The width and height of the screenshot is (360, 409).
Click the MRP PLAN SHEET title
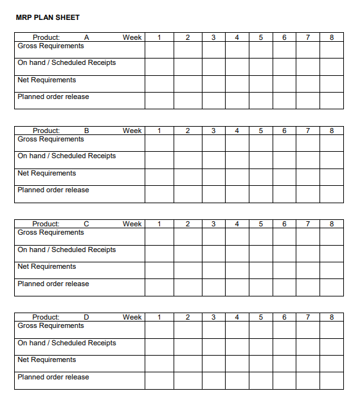[x=48, y=17]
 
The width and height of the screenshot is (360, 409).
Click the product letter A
[x=87, y=37]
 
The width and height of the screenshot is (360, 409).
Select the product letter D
[x=87, y=317]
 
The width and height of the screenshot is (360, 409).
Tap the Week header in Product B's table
[x=132, y=131]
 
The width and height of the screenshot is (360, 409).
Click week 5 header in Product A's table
[x=260, y=37]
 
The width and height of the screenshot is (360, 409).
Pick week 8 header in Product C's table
[x=332, y=224]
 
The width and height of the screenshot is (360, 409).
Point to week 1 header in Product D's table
[x=159, y=317]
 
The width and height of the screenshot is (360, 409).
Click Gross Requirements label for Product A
[x=51, y=46]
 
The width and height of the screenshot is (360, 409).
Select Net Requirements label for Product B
[x=47, y=173]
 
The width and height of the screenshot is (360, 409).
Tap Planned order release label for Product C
[x=53, y=284]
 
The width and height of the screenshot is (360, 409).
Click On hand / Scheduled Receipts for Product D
[x=67, y=343]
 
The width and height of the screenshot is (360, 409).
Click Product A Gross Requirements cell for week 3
[x=213, y=50]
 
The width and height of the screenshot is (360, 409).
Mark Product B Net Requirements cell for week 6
[x=284, y=177]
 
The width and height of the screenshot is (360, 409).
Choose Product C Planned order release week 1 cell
[x=159, y=287]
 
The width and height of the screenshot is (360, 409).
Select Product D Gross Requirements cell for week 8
[x=332, y=329]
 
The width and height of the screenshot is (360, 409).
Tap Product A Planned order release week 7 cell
[x=308, y=100]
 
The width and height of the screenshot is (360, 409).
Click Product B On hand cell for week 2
[x=188, y=160]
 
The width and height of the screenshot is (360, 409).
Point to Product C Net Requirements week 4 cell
[x=237, y=270]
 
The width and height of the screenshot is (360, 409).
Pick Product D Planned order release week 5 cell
[x=260, y=381]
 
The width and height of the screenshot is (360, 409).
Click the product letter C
[x=87, y=224]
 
